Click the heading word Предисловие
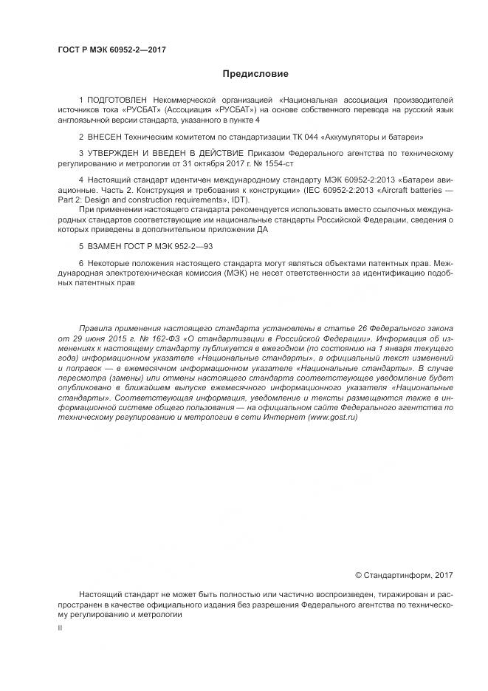[x=255, y=74]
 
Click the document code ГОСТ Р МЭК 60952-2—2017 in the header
[x=111, y=50]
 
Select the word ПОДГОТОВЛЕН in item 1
[x=117, y=99]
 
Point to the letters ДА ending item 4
[x=262, y=229]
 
